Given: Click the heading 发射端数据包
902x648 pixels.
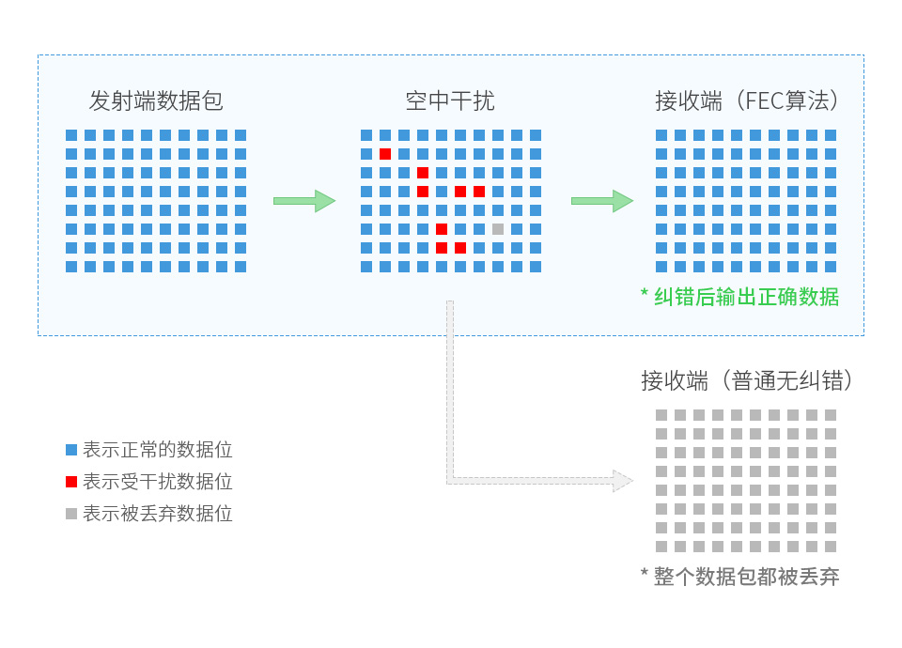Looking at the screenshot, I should tap(156, 100).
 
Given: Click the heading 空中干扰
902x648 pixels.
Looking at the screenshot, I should tap(450, 100).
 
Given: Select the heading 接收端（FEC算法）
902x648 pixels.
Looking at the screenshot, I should tap(748, 100).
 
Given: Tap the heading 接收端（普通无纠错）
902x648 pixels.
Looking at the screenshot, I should tap(748, 380).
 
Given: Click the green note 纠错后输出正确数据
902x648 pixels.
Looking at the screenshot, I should tap(747, 297).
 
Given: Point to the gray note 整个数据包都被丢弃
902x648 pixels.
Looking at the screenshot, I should tap(747, 577).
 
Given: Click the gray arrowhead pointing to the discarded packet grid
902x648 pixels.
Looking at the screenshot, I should tap(622, 481).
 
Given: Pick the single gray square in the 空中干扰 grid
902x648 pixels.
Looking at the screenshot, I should tap(498, 229).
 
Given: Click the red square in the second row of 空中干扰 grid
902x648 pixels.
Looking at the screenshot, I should tap(385, 154).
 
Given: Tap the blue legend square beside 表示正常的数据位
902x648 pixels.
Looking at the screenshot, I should tap(71, 450).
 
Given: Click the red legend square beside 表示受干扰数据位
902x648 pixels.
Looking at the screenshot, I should tap(71, 482).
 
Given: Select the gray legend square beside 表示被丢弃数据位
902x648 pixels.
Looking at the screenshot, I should tap(71, 514).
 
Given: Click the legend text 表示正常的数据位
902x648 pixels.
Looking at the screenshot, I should tap(158, 450).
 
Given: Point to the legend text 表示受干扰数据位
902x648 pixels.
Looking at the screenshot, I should tap(158, 482).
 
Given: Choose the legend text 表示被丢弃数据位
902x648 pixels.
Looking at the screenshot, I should tap(158, 514).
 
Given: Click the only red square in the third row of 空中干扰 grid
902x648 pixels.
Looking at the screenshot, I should tap(423, 173).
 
